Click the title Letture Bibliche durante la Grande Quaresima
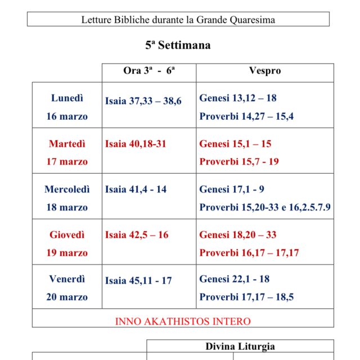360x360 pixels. click(x=178, y=20)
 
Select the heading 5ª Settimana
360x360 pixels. click(x=178, y=45)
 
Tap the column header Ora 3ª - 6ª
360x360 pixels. click(x=149, y=71)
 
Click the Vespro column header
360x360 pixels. click(x=265, y=71)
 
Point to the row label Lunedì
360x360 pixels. click(x=67, y=98)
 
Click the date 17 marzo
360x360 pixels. click(x=67, y=161)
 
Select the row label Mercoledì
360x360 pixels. click(x=67, y=189)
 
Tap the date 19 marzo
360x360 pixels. click(x=67, y=253)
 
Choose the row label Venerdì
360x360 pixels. click(x=67, y=279)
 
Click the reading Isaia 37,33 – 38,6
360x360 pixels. click(x=143, y=101)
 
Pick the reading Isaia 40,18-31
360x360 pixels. click(x=136, y=143)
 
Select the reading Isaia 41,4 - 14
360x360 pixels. click(x=136, y=189)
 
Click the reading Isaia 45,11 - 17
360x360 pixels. click(x=138, y=280)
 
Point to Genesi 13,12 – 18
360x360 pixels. click(x=238, y=98)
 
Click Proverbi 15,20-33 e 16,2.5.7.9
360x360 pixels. click(x=265, y=207)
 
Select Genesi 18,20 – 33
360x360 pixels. click(x=238, y=235)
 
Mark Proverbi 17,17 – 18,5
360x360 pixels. click(x=246, y=297)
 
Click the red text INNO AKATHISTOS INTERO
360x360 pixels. click(x=183, y=321)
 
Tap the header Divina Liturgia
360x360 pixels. click(x=240, y=346)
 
